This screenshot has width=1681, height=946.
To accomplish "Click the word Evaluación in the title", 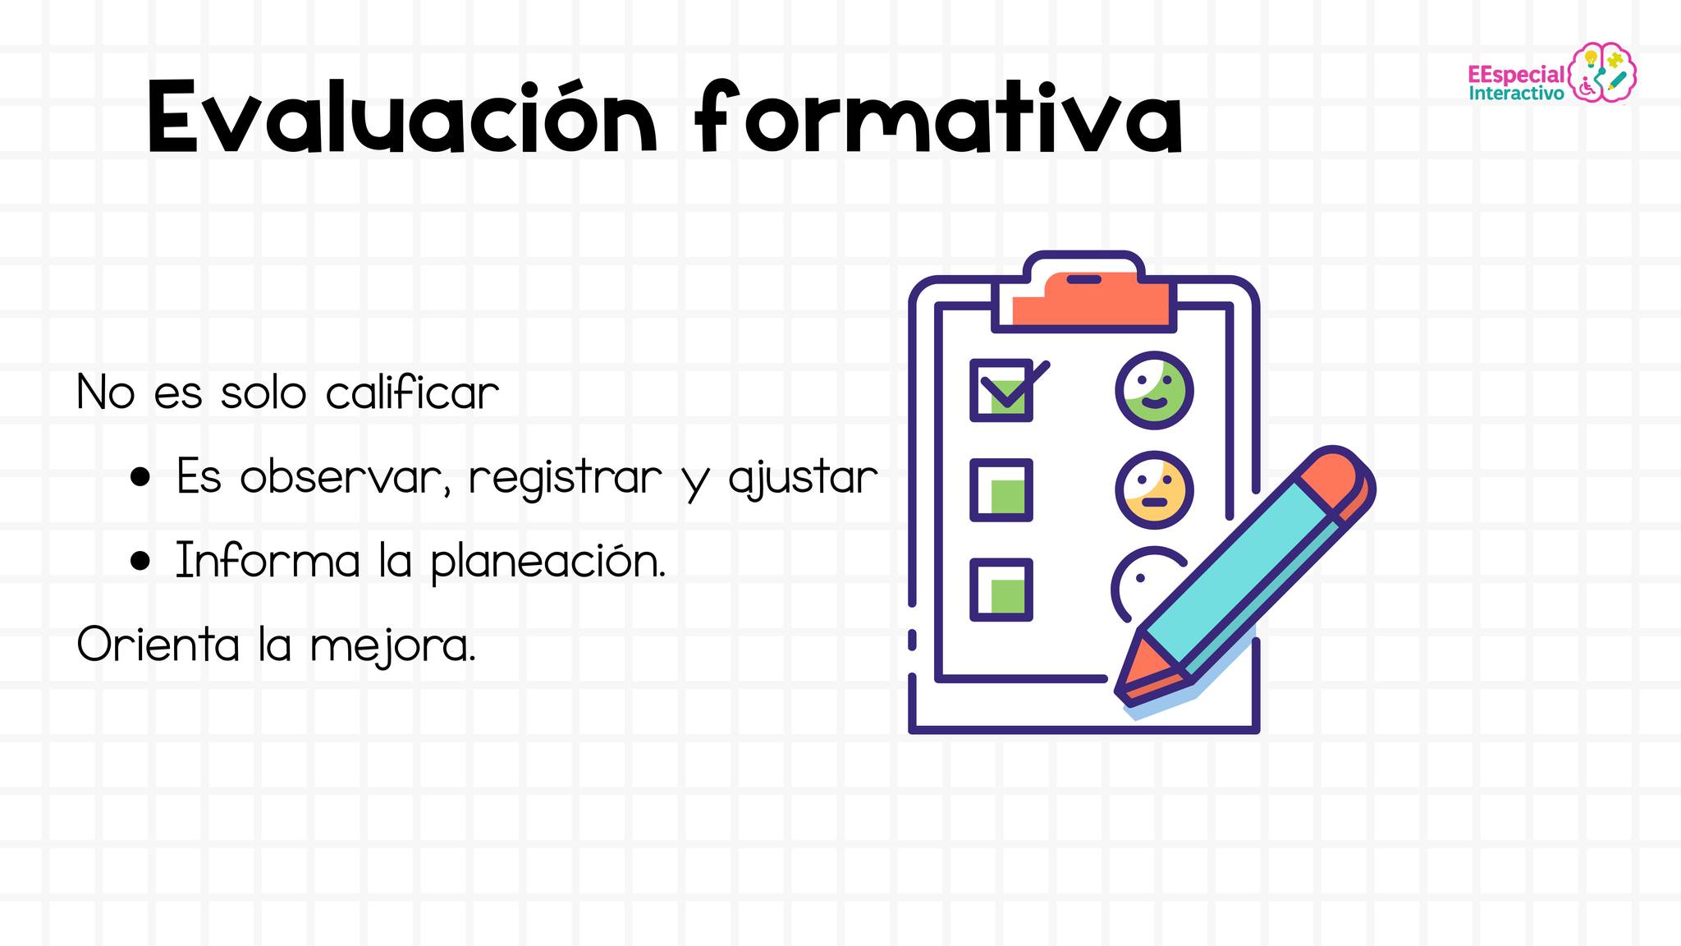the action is coord(403,117).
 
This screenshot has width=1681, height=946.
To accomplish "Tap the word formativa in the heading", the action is coord(939,117).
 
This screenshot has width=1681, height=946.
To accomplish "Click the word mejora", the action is coord(393,647).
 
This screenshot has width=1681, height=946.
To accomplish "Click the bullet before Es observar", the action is coord(140,477).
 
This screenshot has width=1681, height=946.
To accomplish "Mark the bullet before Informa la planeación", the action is coord(140,561).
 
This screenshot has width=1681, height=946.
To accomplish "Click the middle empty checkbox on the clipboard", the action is coord(1001,490).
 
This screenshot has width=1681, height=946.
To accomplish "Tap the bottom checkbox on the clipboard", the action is coord(1001,590).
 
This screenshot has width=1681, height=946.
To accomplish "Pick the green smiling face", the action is coord(1154,390).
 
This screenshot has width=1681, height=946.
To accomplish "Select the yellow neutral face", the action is coord(1154,490).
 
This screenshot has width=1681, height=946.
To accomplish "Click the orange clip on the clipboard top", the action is coord(1092,299).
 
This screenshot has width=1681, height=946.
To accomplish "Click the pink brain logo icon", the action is coord(1602,72).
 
